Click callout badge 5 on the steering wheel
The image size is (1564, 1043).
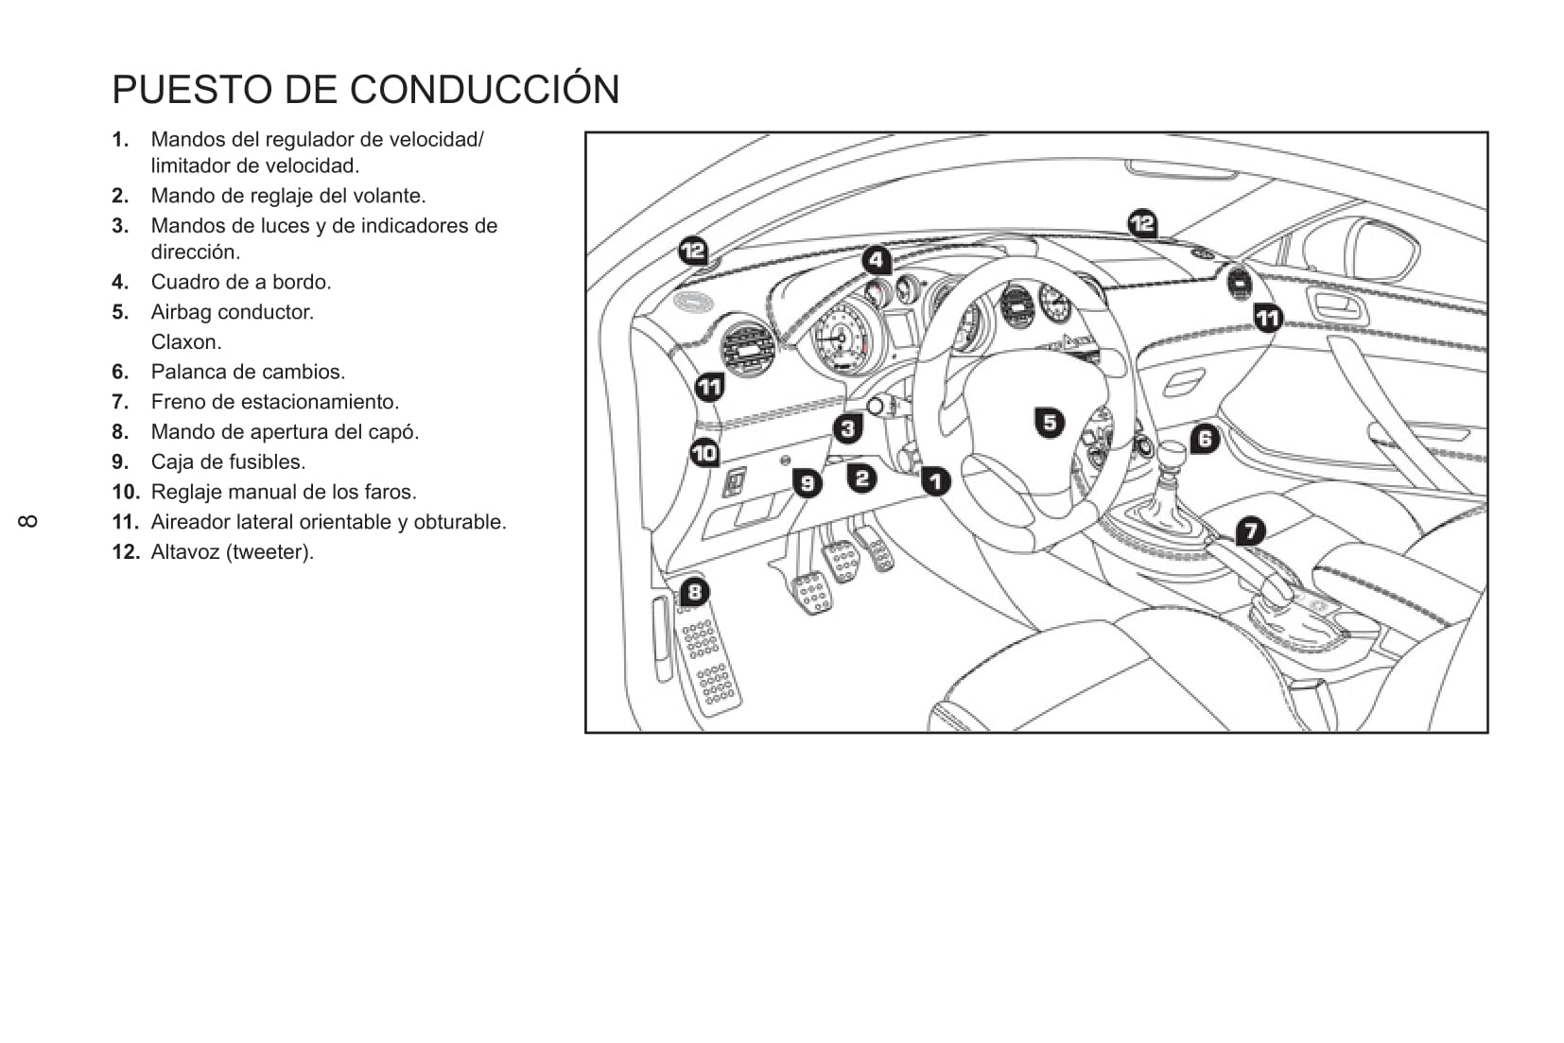pyautogui.click(x=1050, y=422)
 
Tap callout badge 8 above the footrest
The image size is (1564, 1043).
pyautogui.click(x=694, y=592)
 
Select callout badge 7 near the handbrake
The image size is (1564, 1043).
pyautogui.click(x=1250, y=530)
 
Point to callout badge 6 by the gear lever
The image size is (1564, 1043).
pyautogui.click(x=1204, y=438)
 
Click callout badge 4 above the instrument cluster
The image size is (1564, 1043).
pyautogui.click(x=877, y=259)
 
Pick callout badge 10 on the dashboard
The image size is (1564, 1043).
pyautogui.click(x=704, y=453)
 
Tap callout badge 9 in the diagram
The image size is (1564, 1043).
pyautogui.click(x=807, y=483)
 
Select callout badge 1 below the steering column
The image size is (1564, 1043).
pyautogui.click(x=935, y=481)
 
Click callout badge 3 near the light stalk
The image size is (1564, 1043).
pyautogui.click(x=847, y=428)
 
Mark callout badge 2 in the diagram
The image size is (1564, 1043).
pyautogui.click(x=861, y=478)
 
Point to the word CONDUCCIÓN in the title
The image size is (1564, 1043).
pyautogui.click(x=484, y=89)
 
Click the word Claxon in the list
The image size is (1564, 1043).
pyautogui.click(x=185, y=342)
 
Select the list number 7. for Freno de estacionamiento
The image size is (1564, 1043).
pyautogui.click(x=120, y=402)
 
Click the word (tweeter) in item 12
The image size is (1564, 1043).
pyautogui.click(x=269, y=552)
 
